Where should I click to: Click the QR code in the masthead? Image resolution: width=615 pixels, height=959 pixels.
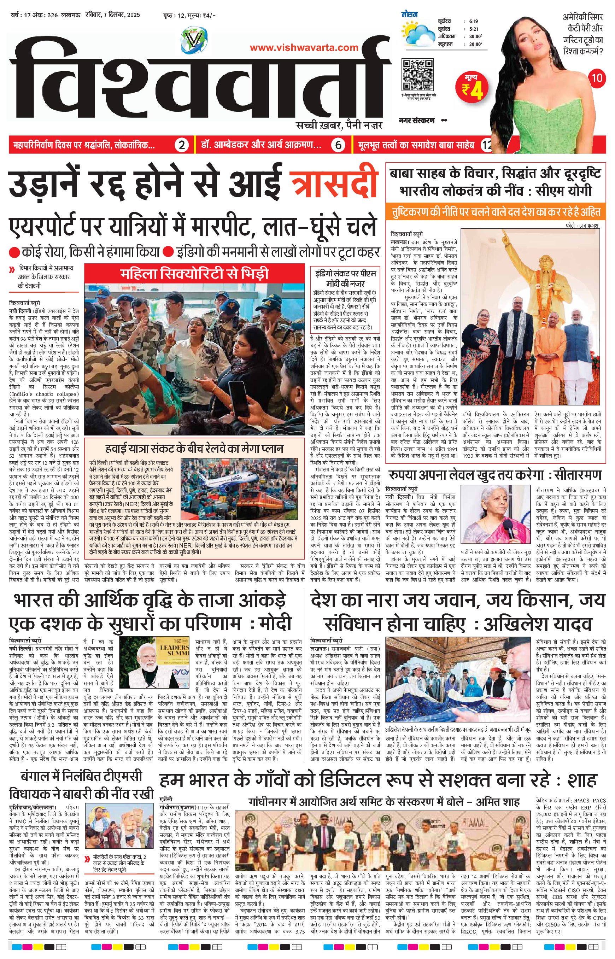(x=418, y=75)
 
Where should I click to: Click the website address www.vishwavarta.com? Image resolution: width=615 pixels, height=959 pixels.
(x=304, y=47)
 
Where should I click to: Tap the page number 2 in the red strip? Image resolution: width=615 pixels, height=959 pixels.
(x=182, y=145)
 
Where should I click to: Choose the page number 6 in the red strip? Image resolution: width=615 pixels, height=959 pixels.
(x=338, y=145)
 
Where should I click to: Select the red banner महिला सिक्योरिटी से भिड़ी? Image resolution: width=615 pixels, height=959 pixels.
(x=195, y=274)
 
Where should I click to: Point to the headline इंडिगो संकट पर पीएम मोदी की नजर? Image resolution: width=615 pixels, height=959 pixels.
(x=344, y=277)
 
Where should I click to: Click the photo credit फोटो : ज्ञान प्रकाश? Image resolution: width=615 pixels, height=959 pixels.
(x=582, y=225)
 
